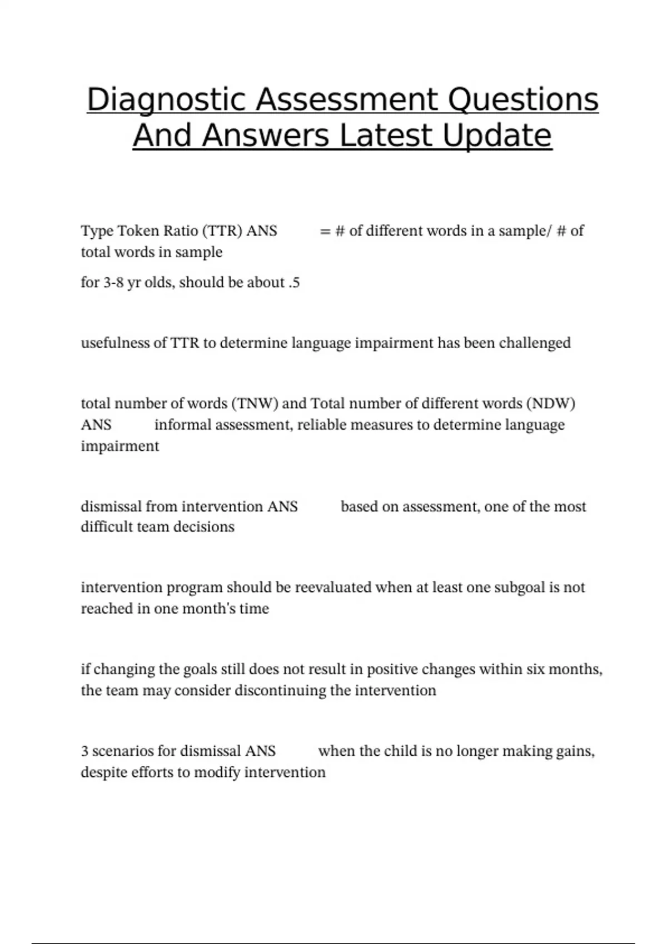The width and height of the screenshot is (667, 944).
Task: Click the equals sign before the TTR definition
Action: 325,231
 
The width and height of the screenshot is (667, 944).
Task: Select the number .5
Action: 294,283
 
